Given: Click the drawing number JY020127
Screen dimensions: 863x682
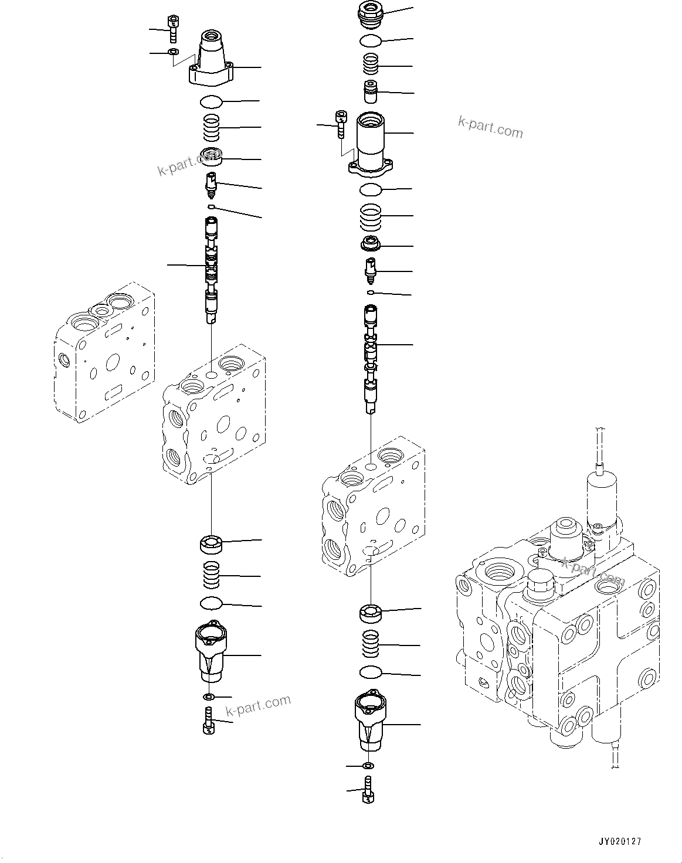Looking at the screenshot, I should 620,841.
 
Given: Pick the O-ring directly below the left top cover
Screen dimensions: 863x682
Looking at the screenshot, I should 211,102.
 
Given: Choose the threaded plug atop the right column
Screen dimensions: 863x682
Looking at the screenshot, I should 369,14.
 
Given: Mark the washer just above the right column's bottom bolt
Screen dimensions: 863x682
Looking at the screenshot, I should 368,766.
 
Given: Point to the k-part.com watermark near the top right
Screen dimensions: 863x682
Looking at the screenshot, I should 490,127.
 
